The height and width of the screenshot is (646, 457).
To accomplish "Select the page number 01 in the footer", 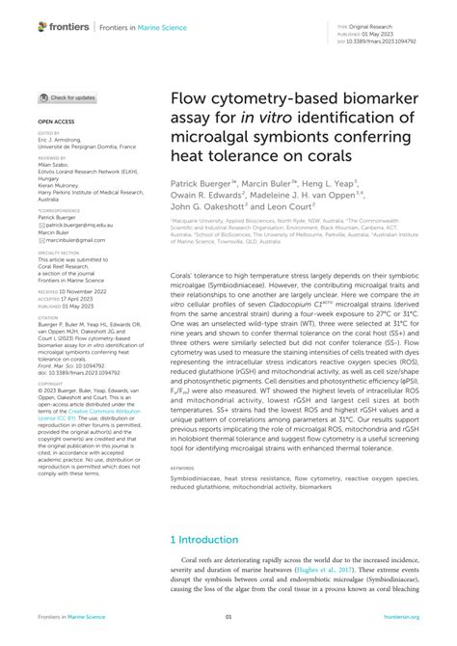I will [228, 618].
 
